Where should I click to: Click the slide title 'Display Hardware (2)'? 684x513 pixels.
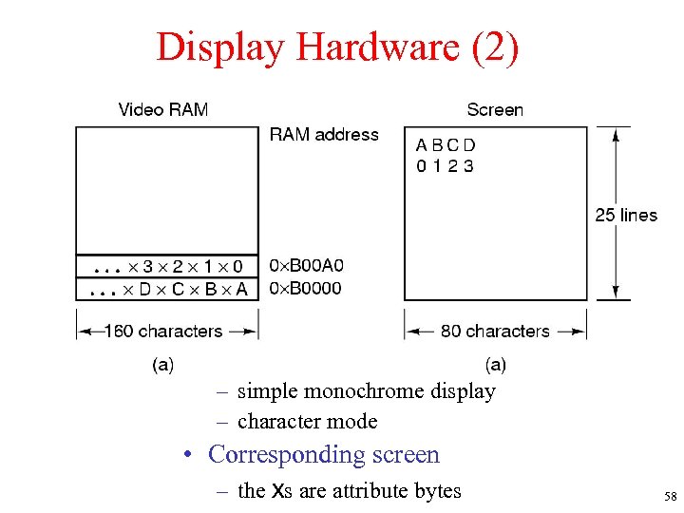coord(338,47)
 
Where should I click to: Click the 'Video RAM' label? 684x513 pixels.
coord(162,109)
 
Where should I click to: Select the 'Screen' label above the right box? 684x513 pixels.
coord(494,109)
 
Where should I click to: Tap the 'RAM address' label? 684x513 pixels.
coord(324,135)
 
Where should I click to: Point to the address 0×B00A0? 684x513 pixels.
coord(307,266)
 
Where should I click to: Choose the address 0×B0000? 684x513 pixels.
coord(306,288)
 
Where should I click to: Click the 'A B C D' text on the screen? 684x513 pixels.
coord(446,145)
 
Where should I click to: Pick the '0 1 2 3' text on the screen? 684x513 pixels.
coord(445,166)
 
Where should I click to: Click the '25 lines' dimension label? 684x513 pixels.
coord(626,216)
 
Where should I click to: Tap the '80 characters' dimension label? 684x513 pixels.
coord(495,332)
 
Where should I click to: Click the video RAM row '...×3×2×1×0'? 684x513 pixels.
coord(167,266)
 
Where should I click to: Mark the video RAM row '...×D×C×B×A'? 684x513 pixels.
coord(167,289)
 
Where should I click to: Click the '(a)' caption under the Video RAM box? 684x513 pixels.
coord(162,364)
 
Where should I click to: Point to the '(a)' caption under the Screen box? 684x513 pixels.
coord(495,364)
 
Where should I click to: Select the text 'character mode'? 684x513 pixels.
coord(307,421)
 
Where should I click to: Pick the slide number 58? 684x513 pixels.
coord(670,497)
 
